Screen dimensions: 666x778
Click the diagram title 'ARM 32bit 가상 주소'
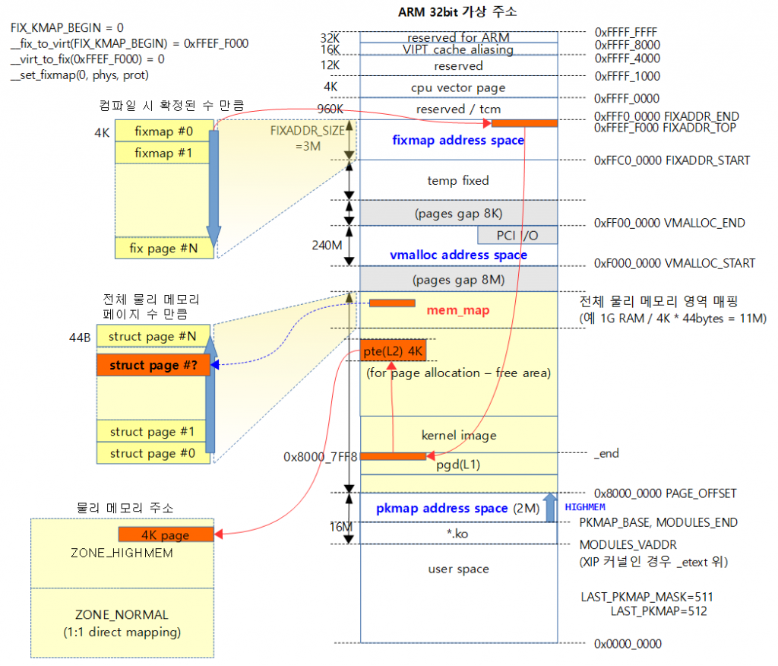pos(458,12)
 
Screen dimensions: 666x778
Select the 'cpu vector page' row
pos(458,87)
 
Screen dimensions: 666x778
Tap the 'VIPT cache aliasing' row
pos(458,49)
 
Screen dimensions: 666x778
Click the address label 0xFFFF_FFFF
pos(627,33)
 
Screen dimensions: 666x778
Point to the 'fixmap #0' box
pos(163,132)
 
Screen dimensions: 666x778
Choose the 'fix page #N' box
pos(163,248)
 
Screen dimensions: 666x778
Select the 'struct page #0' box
pos(152,453)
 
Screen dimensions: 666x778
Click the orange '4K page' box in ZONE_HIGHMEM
pos(166,534)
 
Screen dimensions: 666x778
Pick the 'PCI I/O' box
pos(517,236)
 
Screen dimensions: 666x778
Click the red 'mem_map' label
pos(457,310)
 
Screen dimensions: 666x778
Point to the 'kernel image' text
pos(458,436)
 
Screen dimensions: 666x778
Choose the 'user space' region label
pos(458,569)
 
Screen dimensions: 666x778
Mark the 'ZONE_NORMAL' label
pos(122,614)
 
